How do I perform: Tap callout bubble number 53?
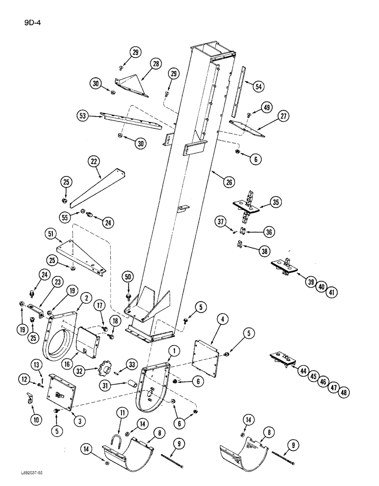(84, 116)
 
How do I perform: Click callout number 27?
(283, 117)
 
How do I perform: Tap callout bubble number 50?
(128, 277)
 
